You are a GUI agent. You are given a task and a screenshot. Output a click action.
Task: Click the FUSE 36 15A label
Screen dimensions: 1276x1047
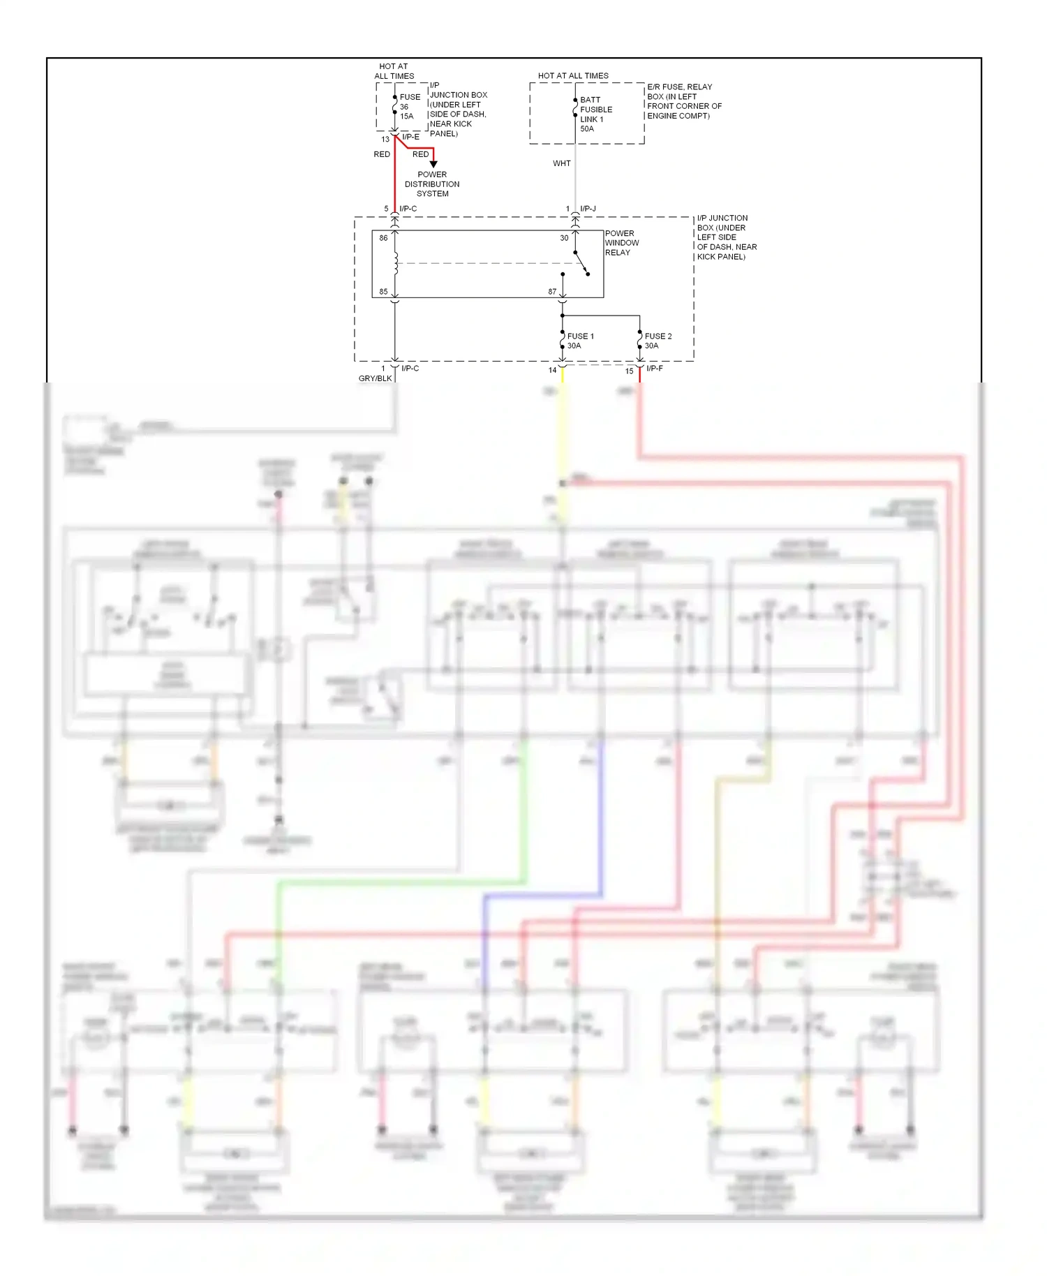pos(410,107)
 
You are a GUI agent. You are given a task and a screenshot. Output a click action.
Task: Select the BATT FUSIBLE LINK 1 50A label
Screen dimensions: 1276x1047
pos(595,114)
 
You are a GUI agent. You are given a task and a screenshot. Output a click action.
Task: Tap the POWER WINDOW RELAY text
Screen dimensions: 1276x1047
pos(621,243)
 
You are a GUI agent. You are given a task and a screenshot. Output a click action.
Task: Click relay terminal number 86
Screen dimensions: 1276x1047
pos(383,238)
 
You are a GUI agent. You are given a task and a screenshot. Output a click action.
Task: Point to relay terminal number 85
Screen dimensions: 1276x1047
pos(383,292)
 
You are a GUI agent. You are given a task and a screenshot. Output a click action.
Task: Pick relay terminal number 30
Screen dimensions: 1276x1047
pos(564,238)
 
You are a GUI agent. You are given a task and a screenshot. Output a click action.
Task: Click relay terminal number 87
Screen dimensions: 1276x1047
pos(552,292)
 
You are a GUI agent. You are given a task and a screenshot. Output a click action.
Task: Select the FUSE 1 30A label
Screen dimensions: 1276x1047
pos(580,341)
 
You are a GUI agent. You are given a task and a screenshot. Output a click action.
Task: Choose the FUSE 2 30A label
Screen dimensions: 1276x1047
pos(658,341)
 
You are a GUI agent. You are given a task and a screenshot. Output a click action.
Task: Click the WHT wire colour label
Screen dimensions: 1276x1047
pos(562,163)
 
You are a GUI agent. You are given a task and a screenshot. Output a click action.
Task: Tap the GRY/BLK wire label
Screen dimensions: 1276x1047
pos(375,378)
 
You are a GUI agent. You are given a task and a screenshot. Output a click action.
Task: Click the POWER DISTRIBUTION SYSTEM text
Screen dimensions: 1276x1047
pos(432,184)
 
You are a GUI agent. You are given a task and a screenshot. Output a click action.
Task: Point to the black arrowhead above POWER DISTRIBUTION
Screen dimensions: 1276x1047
pos(433,164)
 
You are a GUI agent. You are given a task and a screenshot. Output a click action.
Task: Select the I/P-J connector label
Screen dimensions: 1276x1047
pos(588,209)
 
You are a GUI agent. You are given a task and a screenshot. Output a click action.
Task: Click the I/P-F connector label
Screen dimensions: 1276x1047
pos(654,369)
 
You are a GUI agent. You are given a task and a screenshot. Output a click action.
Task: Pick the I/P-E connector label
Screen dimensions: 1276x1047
pos(410,137)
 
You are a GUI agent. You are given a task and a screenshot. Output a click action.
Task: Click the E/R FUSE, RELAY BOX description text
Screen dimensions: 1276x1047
pos(683,101)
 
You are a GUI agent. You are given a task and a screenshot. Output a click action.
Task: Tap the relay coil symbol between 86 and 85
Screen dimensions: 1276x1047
pos(395,264)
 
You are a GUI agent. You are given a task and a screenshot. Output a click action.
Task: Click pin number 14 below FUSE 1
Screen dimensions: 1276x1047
pos(552,371)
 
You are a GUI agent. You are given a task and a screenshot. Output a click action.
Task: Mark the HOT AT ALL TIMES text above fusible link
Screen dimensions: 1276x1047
pos(573,75)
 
